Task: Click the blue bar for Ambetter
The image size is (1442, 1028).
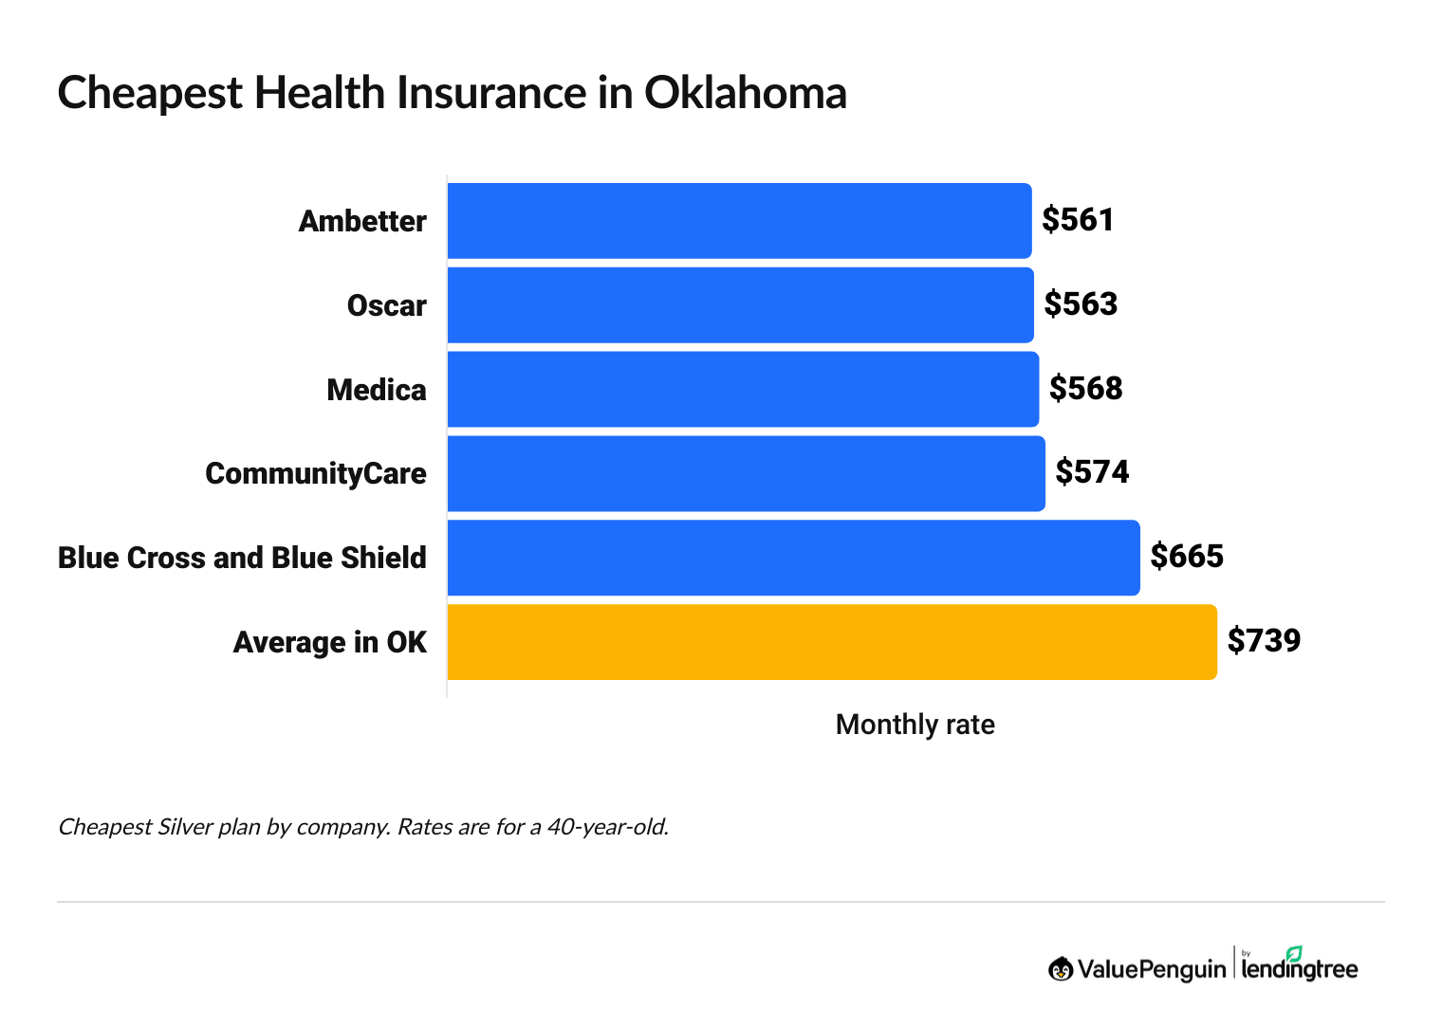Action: (739, 221)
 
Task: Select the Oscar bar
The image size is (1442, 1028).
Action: (740, 305)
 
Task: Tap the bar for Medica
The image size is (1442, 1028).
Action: (743, 390)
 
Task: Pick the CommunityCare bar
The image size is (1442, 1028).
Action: (746, 473)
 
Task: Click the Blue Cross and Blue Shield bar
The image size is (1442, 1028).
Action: (793, 558)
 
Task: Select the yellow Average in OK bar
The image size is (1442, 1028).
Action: (831, 642)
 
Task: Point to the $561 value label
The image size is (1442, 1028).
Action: (1078, 220)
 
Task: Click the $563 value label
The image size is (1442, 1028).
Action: (1081, 304)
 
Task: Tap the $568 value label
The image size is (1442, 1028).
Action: (1085, 389)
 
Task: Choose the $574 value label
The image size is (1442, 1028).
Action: (1092, 472)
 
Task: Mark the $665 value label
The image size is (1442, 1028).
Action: (1187, 557)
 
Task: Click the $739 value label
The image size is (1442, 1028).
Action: (1264, 641)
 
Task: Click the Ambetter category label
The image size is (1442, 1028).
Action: (362, 222)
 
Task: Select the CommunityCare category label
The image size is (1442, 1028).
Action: (316, 474)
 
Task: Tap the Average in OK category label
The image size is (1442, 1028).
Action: (330, 643)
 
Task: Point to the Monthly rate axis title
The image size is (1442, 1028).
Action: (915, 725)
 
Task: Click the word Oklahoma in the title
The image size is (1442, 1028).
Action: (745, 94)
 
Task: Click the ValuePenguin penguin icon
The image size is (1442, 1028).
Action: (1060, 969)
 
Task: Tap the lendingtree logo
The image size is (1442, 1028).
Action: (1299, 966)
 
